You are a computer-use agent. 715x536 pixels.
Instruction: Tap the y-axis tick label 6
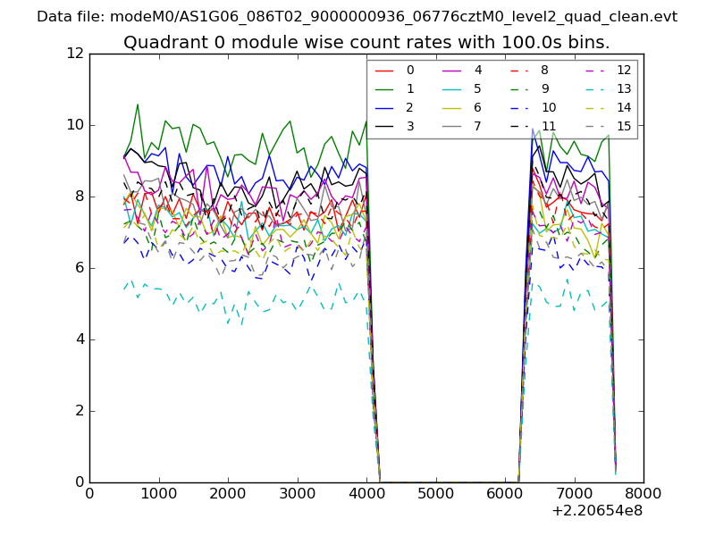pyautogui.click(x=78, y=268)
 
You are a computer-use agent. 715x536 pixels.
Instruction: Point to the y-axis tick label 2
pyautogui.click(x=78, y=411)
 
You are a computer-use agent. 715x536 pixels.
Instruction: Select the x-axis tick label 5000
pyautogui.click(x=435, y=493)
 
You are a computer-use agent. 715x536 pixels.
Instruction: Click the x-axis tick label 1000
pyautogui.click(x=158, y=493)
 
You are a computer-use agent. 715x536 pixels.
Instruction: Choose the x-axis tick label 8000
pyautogui.click(x=643, y=493)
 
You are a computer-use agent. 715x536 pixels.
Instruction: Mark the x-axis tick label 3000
pyautogui.click(x=297, y=493)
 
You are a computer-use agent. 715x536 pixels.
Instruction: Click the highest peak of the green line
pyautogui.click(x=138, y=105)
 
